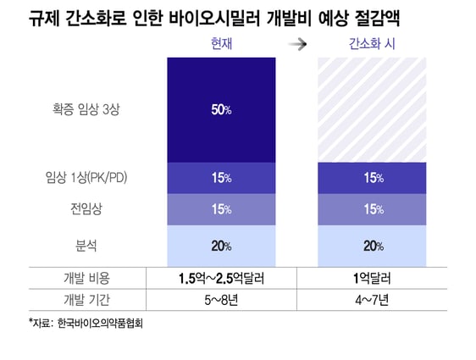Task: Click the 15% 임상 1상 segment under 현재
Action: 222,178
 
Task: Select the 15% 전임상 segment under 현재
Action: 222,209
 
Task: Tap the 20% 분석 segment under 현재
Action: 222,246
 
